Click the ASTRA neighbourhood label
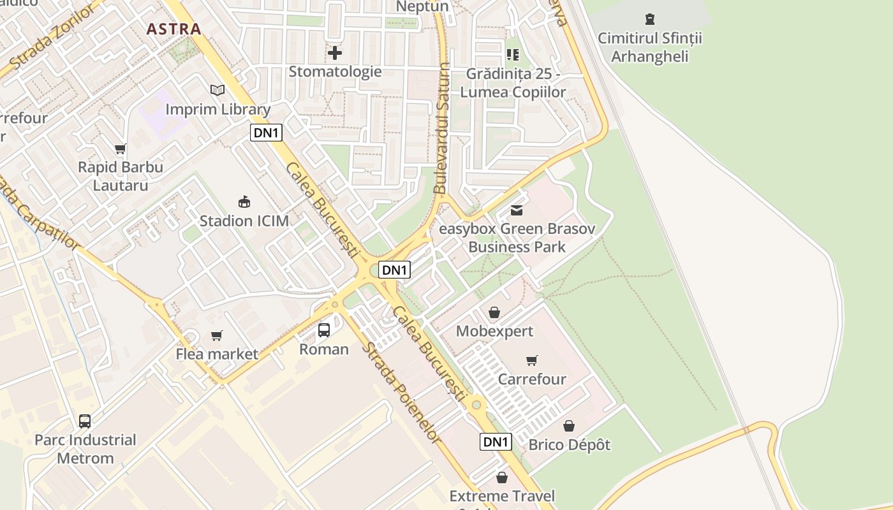pos(173,29)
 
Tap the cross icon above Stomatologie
pos(335,52)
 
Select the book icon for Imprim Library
pos(218,91)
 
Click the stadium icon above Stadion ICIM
pos(244,202)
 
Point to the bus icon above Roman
pos(324,330)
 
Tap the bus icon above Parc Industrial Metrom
pos(85,421)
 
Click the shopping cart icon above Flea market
pos(217,335)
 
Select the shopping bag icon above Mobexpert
pos(494,312)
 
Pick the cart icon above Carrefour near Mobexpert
pos(532,360)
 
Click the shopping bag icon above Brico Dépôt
pos(569,425)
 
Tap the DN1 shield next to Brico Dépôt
pos(496,442)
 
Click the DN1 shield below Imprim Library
pos(266,133)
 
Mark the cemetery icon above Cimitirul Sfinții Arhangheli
pos(649,19)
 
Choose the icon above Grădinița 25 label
pos(513,55)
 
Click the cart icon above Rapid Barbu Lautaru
pos(120,149)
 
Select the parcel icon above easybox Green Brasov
pos(517,210)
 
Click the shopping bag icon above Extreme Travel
pos(502,477)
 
